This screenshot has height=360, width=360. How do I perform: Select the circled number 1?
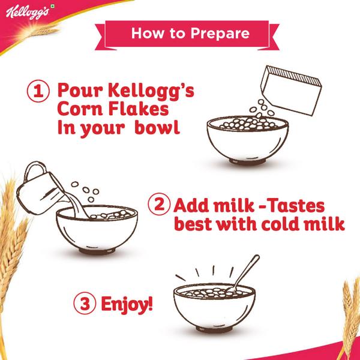pos(37,93)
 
